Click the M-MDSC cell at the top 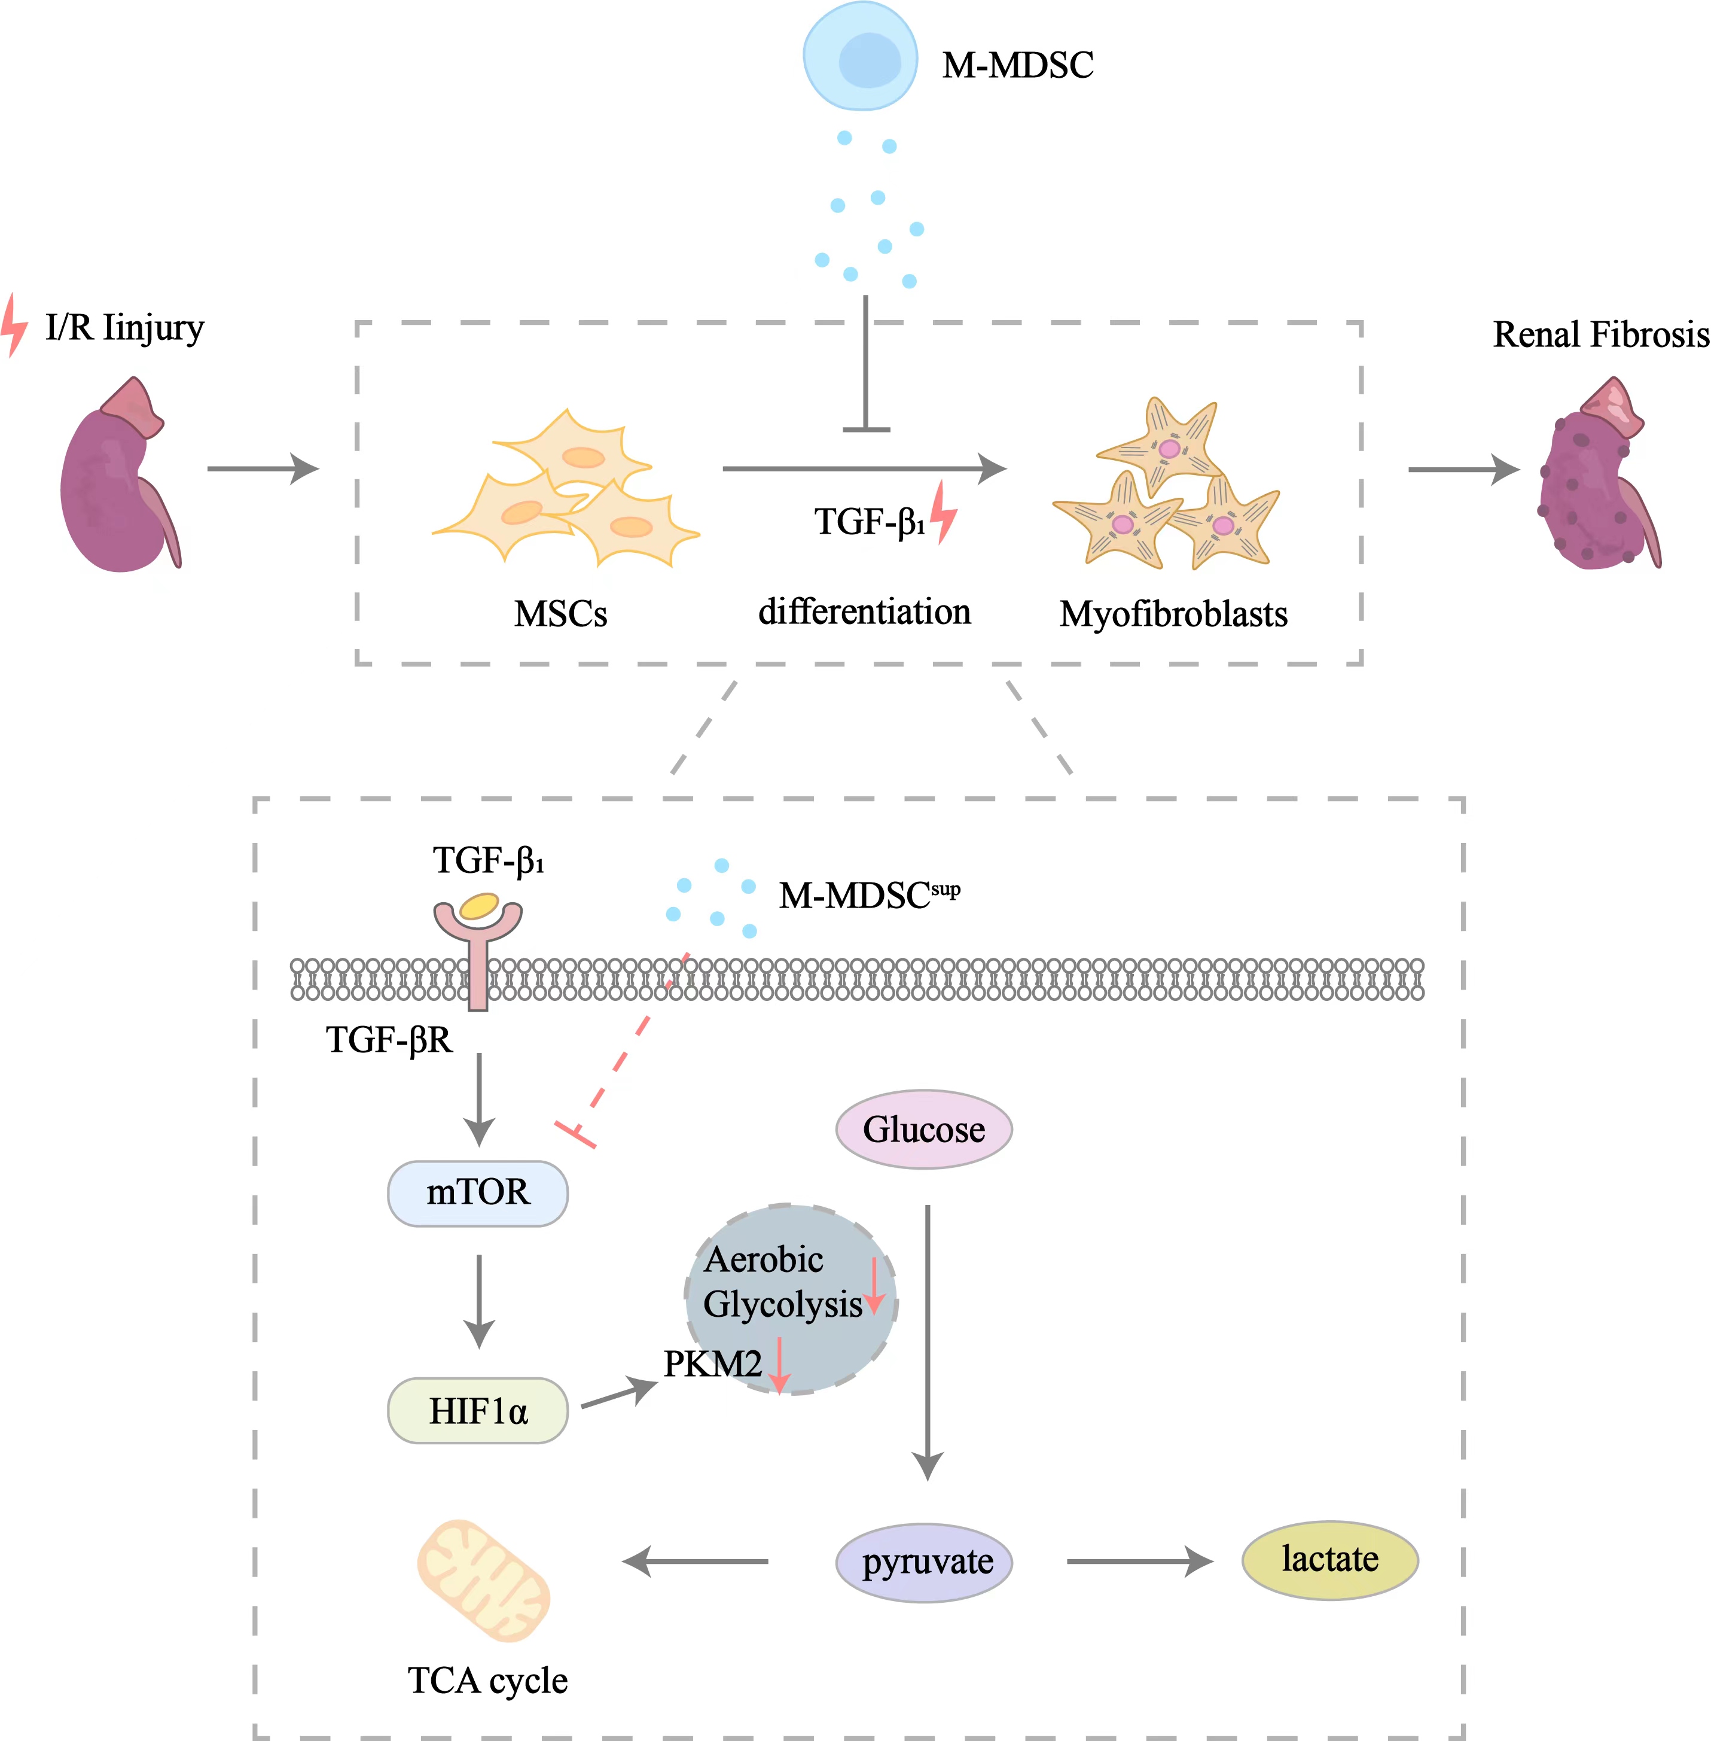(860, 56)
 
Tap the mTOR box (477, 1193)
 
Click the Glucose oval (924, 1129)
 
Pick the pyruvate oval (924, 1562)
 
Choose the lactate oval (1329, 1560)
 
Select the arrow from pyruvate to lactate (1139, 1562)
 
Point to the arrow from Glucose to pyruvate (928, 1339)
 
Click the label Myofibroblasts (1173, 614)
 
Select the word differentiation (865, 611)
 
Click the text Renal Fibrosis (1600, 334)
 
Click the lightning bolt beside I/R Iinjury (14, 325)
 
